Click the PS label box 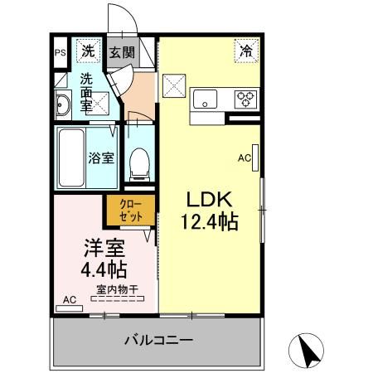pyautogui.click(x=60, y=52)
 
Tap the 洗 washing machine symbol pyautogui.click(x=88, y=51)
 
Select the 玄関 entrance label pyautogui.click(x=121, y=52)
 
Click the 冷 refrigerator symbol pyautogui.click(x=246, y=51)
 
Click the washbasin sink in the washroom pyautogui.click(x=64, y=104)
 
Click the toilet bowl pyautogui.click(x=139, y=162)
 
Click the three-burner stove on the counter pyautogui.click(x=247, y=99)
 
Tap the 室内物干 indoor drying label pyautogui.click(x=116, y=289)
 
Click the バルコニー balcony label pyautogui.click(x=159, y=341)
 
